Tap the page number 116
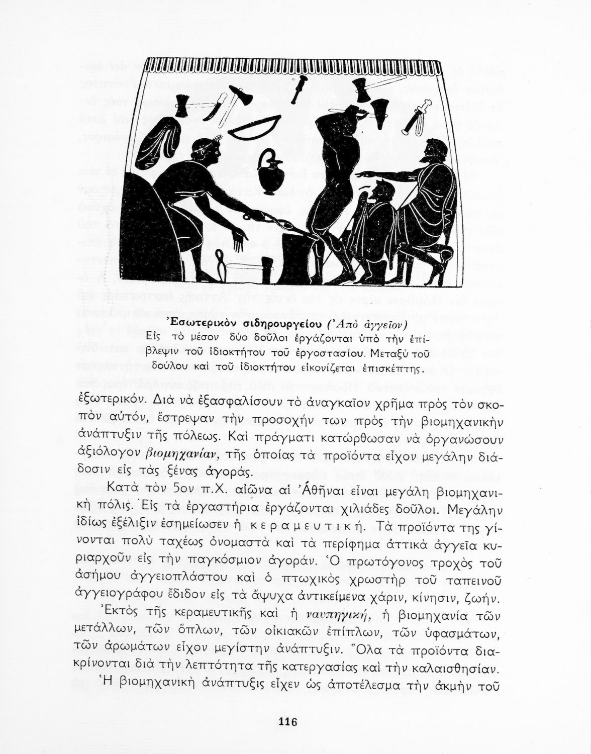click(x=288, y=722)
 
